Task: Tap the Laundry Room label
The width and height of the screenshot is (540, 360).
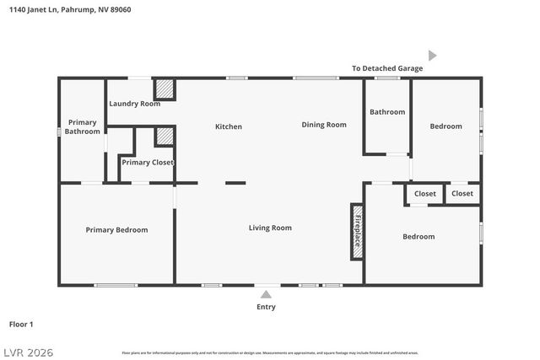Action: [134, 104]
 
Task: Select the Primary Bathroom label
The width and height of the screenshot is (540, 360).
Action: [82, 126]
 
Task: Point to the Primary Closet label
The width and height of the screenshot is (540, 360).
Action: [147, 162]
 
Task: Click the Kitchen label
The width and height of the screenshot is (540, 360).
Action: [228, 126]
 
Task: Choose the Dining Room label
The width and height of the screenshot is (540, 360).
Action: [324, 125]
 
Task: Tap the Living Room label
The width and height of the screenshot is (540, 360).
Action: [270, 228]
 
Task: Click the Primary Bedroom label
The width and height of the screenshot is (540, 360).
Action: [116, 229]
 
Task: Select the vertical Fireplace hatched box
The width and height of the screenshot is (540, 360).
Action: [357, 229]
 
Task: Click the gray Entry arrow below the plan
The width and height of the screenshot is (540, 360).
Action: [266, 294]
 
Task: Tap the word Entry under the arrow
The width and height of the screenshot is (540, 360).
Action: [266, 307]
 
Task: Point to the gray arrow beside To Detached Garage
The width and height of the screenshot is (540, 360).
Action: [432, 56]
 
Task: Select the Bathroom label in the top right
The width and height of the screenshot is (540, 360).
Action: [387, 112]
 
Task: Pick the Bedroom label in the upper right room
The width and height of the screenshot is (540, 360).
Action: [445, 126]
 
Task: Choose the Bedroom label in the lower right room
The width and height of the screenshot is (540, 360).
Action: [418, 237]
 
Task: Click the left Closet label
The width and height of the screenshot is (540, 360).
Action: [425, 194]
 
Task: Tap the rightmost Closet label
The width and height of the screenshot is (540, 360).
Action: [462, 194]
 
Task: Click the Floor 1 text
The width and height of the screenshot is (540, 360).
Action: [21, 324]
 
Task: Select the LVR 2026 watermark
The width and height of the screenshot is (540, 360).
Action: [27, 351]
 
